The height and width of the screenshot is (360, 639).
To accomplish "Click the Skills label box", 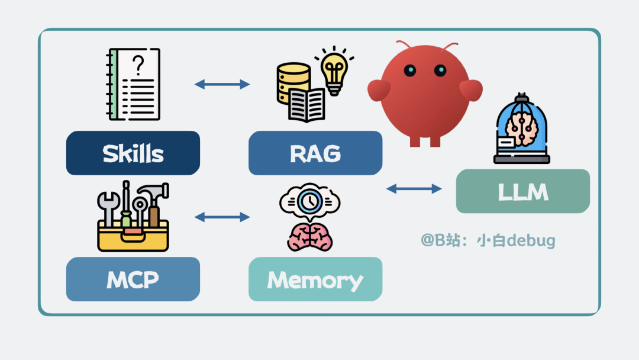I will point(133,153).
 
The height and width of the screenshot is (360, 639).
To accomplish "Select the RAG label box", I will point(315,153).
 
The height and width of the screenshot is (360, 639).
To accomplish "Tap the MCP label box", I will point(133,279).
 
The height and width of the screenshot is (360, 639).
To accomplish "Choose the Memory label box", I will point(315,279).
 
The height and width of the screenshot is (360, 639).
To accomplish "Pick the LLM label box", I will point(522,191).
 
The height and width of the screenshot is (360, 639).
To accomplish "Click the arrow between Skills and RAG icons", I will point(222,84).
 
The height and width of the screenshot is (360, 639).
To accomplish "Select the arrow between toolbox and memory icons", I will point(222,217).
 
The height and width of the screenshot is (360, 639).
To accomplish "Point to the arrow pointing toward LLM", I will point(414,189).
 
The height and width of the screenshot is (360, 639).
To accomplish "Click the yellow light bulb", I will point(334,71).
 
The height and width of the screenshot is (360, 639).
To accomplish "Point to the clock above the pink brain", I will point(309,202).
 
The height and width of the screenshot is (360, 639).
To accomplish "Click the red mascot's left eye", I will point(410,70).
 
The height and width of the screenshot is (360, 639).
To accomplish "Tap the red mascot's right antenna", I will point(450,46).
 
